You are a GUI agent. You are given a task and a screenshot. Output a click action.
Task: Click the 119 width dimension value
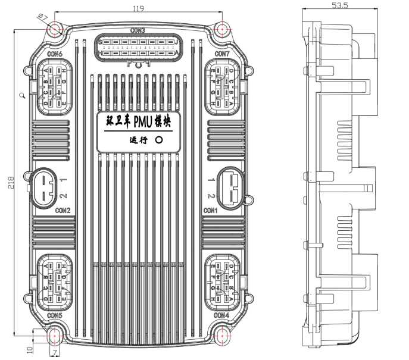point(138,8)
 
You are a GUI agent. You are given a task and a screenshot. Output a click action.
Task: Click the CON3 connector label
point(138,30)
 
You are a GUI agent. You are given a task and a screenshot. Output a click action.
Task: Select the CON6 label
point(55,54)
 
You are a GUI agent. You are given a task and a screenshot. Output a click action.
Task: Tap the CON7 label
point(221,54)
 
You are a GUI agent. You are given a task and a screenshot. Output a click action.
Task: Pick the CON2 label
point(63,211)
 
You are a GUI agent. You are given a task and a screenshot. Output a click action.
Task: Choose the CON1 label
point(211,211)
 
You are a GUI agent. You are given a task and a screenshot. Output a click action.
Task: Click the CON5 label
point(55,315)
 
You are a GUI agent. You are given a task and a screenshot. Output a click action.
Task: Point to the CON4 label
point(221,315)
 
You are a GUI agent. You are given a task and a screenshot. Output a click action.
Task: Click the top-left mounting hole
point(55,29)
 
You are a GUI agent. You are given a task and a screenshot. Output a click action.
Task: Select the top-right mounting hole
point(221,29)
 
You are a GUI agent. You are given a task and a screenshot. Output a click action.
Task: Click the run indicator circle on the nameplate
point(159,141)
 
